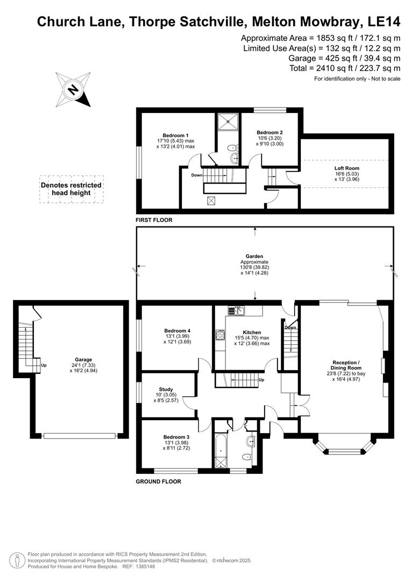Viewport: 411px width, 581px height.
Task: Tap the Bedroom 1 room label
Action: tap(175, 135)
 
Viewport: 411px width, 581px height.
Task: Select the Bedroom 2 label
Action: tap(270, 132)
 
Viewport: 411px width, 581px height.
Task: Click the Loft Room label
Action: tap(346, 168)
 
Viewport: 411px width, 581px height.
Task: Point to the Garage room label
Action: tap(83, 359)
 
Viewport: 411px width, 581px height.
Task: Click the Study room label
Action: tap(166, 389)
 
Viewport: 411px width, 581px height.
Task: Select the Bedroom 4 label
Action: tap(177, 331)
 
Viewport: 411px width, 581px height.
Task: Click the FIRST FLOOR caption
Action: tap(154, 221)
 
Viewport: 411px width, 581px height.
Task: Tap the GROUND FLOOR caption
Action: tap(158, 481)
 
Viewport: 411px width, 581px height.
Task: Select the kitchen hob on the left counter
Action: tap(220, 335)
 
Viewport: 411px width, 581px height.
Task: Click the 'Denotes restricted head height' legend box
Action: tap(71, 189)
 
